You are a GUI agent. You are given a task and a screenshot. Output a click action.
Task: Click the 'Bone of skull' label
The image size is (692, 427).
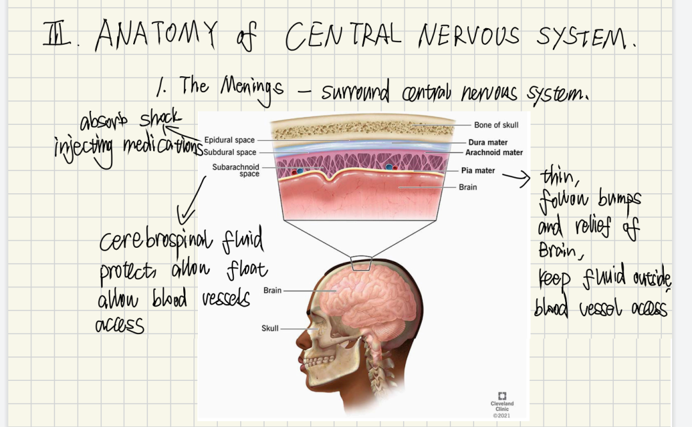496,125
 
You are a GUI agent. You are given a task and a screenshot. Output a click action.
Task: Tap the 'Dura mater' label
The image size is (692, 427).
488,143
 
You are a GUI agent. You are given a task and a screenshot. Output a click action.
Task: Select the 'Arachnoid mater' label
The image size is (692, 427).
493,152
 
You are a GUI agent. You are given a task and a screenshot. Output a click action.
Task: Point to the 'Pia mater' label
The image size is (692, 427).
478,171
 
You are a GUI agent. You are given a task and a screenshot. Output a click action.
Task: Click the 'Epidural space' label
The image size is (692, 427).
229,140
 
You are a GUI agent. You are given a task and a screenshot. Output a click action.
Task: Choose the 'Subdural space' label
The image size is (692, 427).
229,152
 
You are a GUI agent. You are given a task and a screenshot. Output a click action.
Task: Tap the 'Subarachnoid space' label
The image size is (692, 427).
236,170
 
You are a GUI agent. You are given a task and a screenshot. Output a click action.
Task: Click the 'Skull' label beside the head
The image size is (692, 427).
270,328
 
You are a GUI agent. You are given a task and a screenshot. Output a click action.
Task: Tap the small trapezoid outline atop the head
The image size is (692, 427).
362,262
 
